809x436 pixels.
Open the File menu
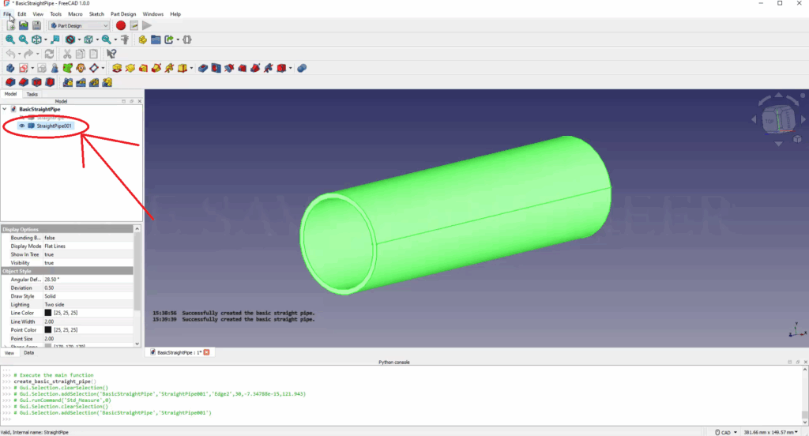pyautogui.click(x=7, y=13)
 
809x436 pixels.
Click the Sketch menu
pyautogui.click(x=96, y=13)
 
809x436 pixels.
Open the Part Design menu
pyautogui.click(x=122, y=13)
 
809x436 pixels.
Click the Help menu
pyautogui.click(x=175, y=13)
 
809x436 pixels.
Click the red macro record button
pyautogui.click(x=121, y=26)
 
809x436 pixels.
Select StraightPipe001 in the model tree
pyautogui.click(x=55, y=126)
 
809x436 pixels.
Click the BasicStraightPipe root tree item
pyautogui.click(x=40, y=109)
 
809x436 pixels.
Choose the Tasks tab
pyautogui.click(x=32, y=94)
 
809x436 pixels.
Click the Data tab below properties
pyautogui.click(x=28, y=352)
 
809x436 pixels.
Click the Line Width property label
pyautogui.click(x=21, y=321)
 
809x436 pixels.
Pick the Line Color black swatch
pyautogui.click(x=48, y=313)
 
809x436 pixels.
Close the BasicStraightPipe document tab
pyautogui.click(x=208, y=352)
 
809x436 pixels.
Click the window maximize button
pyautogui.click(x=780, y=4)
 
